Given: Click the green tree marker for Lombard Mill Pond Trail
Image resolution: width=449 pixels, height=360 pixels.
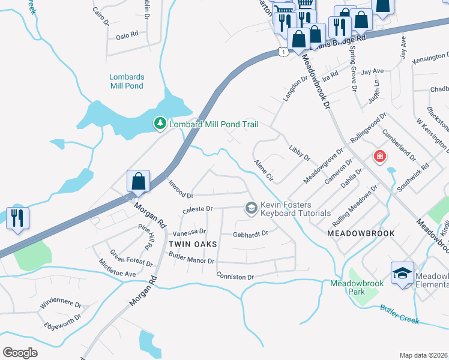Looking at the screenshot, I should coord(160,124).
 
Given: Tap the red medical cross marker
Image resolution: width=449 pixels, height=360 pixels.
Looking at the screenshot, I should coord(379,157).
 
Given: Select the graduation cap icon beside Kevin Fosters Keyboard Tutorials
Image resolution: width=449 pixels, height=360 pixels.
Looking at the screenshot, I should coord(251,208).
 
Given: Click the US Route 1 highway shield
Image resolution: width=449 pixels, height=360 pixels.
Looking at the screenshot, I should coord(282,52).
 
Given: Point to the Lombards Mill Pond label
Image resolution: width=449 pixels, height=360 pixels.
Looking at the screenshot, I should coord(126,81).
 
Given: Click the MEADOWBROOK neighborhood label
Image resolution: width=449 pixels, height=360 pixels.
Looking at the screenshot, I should coord(361,233).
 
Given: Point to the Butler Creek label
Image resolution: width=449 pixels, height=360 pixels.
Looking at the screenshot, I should coord(399,314).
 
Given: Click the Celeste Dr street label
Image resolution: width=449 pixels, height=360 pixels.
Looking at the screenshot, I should coord(197,209).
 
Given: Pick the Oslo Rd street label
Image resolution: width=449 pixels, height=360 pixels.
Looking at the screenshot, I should coord(127,35).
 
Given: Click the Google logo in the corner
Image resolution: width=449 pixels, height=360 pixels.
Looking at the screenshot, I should coord(20,353).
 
